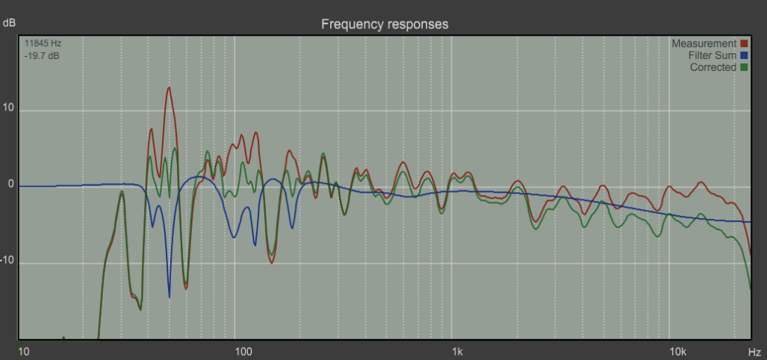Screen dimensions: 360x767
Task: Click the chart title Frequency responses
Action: point(385,24)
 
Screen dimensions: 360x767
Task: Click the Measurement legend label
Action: point(704,43)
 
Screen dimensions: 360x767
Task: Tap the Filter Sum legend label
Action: point(712,55)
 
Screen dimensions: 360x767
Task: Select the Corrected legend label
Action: point(712,67)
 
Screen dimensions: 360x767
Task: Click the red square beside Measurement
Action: point(744,43)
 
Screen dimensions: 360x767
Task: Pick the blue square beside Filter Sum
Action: point(744,55)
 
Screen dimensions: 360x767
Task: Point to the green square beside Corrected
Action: point(744,67)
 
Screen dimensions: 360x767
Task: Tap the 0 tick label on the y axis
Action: point(11,185)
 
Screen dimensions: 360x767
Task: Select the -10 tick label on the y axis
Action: point(8,262)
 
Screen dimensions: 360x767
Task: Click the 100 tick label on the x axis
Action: point(240,351)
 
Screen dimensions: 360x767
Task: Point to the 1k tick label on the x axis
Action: point(457,351)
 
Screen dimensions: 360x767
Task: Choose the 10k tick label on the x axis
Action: point(677,351)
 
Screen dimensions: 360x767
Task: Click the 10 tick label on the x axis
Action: point(23,351)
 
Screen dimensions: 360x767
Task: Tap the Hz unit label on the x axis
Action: point(755,351)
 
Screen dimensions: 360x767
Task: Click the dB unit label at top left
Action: point(9,23)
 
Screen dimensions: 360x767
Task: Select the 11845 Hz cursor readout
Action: point(43,43)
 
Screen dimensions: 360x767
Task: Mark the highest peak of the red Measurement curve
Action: point(169,87)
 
